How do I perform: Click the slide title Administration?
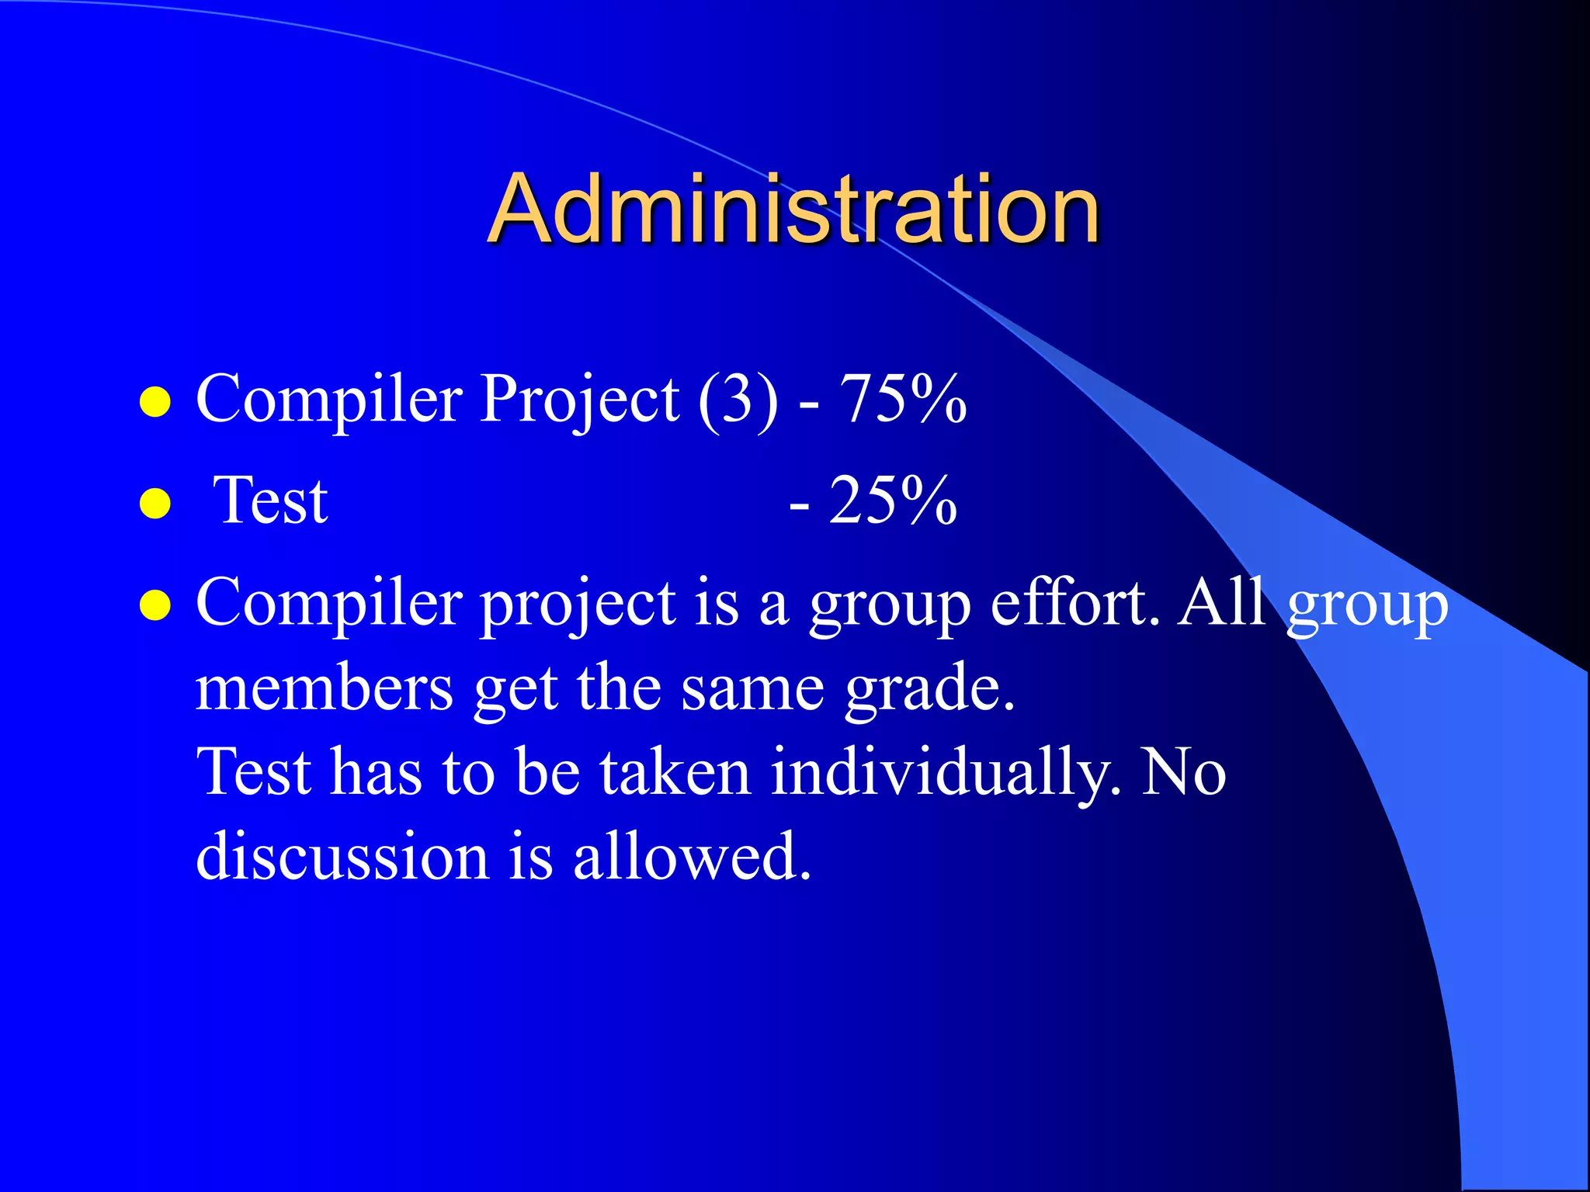point(793,208)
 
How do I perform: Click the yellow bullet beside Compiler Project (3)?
point(155,403)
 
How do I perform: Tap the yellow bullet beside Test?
point(155,504)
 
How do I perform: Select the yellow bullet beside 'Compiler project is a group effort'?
point(155,606)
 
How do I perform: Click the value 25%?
point(893,501)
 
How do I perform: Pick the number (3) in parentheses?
point(738,400)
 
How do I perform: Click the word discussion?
point(342,857)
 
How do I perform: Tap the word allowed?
point(692,857)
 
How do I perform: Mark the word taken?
point(675,773)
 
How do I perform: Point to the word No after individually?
point(1184,773)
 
